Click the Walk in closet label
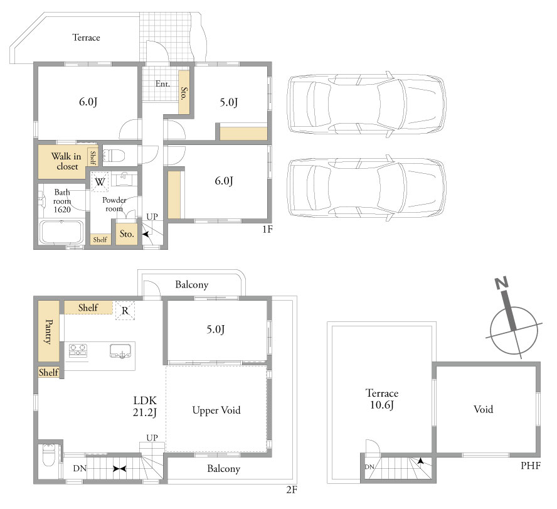pyautogui.click(x=66, y=161)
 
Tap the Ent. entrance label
pyautogui.click(x=162, y=84)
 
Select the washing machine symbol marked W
pyautogui.click(x=100, y=181)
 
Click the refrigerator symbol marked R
pyautogui.click(x=125, y=311)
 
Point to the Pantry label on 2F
pyautogui.click(x=49, y=331)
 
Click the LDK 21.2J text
pyautogui.click(x=145, y=406)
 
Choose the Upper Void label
pyautogui.click(x=216, y=410)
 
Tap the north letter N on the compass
pyautogui.click(x=502, y=283)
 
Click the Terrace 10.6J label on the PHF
pyautogui.click(x=382, y=399)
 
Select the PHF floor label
pyautogui.click(x=531, y=465)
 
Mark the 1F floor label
pyautogui.click(x=267, y=229)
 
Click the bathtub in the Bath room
pyautogui.click(x=61, y=232)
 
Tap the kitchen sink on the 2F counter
pyautogui.click(x=121, y=351)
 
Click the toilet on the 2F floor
pyautogui.click(x=48, y=455)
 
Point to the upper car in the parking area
pyautogui.click(x=366, y=104)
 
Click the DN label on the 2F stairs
pyautogui.click(x=80, y=468)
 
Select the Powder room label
pyautogui.click(x=114, y=205)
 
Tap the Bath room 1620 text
pyautogui.click(x=62, y=201)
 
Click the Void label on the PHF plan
pyautogui.click(x=483, y=409)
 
